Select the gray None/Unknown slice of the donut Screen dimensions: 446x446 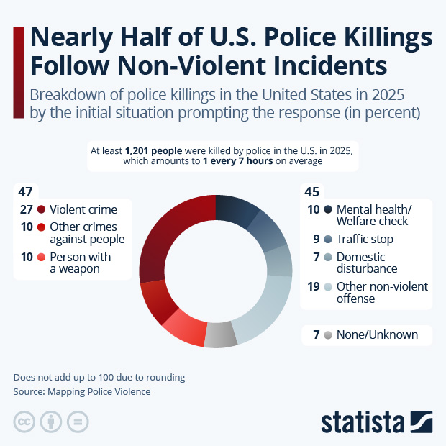(x=221, y=337)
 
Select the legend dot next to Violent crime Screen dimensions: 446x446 (x=42, y=210)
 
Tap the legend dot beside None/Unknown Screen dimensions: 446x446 (x=328, y=335)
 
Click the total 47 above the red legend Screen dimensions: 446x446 (x=26, y=191)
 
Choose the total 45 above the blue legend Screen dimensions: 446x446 (x=312, y=192)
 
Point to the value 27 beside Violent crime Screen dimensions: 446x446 (x=26, y=210)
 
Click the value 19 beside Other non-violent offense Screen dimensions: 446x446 (x=313, y=286)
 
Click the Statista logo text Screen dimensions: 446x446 (x=363, y=422)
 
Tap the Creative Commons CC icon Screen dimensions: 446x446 (x=24, y=422)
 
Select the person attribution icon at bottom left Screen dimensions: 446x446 (x=51, y=422)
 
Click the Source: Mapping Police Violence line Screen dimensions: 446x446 (x=82, y=392)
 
